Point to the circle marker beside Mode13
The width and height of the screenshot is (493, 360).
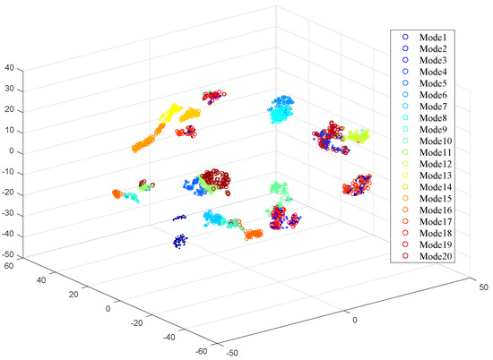click(x=405, y=175)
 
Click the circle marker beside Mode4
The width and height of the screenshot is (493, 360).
click(x=405, y=71)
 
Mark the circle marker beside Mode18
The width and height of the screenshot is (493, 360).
click(x=405, y=233)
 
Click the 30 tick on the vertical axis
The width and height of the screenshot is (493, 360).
click(x=11, y=89)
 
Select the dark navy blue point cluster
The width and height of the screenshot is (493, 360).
click(x=179, y=240)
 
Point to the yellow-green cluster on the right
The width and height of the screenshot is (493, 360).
click(x=359, y=136)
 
